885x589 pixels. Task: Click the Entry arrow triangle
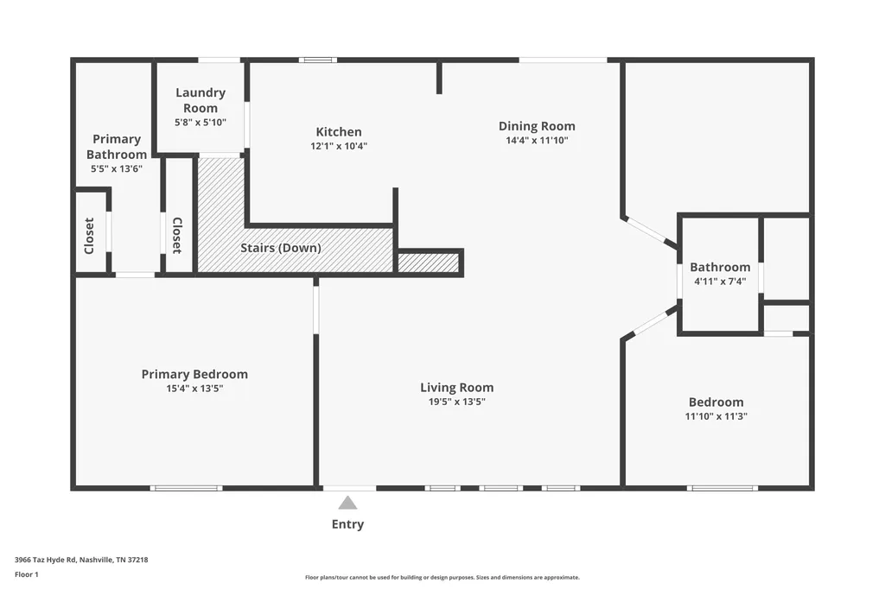[x=347, y=503]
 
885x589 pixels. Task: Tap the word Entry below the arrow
[x=347, y=524]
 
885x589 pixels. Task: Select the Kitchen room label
[x=339, y=132]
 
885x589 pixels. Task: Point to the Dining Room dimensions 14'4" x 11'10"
[x=537, y=141]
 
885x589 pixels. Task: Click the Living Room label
[x=456, y=388]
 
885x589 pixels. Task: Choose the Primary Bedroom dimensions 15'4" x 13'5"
[x=194, y=388]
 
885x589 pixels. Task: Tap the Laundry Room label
[x=201, y=100]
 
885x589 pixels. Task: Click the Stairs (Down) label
[x=281, y=248]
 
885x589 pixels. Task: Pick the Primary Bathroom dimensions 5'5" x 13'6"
[x=117, y=168]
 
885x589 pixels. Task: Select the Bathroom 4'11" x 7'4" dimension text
[x=720, y=281]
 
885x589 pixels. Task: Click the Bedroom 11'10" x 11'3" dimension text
[x=716, y=416]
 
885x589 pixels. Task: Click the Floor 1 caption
[x=27, y=574]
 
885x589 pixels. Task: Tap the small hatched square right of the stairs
[x=429, y=263]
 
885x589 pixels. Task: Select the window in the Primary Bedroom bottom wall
[x=187, y=488]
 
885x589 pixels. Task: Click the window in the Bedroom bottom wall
[x=723, y=488]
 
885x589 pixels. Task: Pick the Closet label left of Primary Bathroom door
[x=89, y=236]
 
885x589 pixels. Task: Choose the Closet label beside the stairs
[x=177, y=236]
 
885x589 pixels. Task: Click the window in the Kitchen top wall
[x=318, y=60]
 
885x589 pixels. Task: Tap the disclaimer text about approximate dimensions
[x=442, y=577]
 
